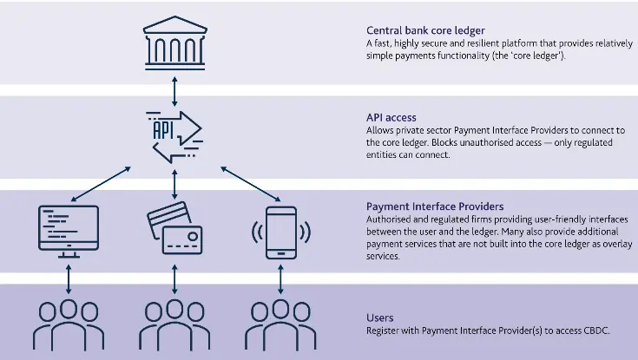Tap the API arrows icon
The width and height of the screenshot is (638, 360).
tap(174, 135)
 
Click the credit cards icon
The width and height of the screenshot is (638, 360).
tap(174, 228)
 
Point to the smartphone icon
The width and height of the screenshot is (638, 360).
tap(280, 231)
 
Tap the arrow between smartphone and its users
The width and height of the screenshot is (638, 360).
tap(280, 278)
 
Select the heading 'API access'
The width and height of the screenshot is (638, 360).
tap(391, 117)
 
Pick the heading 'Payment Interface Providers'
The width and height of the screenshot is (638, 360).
tap(435, 206)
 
